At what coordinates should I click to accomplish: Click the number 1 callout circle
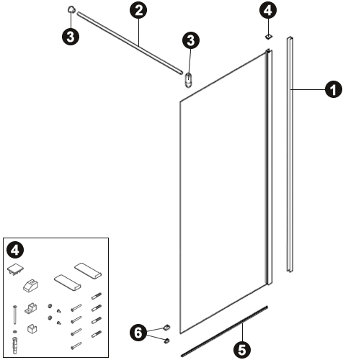tap(333, 89)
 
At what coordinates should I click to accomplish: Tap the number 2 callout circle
tap(138, 10)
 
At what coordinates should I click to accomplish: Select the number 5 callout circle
tap(242, 349)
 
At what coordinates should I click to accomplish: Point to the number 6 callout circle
tap(138, 333)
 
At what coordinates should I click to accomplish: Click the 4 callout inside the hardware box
tap(15, 250)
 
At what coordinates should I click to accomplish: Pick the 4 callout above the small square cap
tap(268, 10)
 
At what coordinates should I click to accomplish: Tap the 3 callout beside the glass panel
tap(191, 40)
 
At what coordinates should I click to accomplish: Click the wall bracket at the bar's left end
tap(71, 9)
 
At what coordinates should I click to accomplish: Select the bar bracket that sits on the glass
tap(188, 80)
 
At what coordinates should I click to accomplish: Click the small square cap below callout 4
tap(269, 37)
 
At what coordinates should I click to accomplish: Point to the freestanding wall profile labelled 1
tap(290, 155)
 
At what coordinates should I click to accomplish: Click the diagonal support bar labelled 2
tap(130, 43)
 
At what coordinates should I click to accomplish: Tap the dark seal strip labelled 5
tap(224, 331)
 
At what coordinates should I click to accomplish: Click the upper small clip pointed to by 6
tap(166, 327)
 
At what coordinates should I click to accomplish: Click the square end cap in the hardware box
tap(16, 269)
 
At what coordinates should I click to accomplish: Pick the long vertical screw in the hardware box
tap(15, 315)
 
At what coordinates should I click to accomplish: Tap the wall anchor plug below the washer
tap(15, 345)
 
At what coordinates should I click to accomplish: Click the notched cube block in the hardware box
tap(32, 329)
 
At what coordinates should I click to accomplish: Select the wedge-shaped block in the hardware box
tap(31, 286)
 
